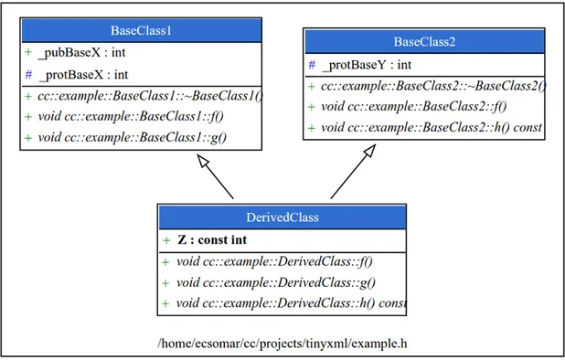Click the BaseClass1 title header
pos(142,31)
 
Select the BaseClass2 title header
pos(424,42)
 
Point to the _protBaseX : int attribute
pos(82,75)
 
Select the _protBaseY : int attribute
pos(366,65)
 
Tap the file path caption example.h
pos(282,343)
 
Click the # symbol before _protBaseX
pos(28,75)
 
